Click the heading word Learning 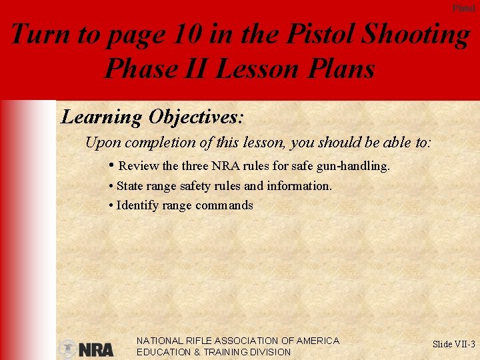click(101, 117)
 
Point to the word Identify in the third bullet click(137, 205)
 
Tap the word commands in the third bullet click(225, 205)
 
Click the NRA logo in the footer click(87, 349)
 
